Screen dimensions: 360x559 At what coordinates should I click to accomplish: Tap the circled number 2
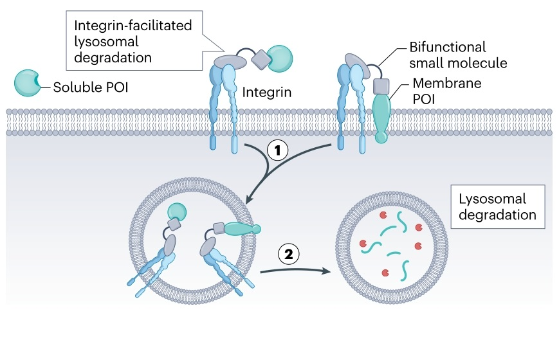click(289, 254)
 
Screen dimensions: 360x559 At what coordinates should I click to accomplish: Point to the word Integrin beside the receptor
click(267, 92)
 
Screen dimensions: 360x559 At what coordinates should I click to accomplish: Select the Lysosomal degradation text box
click(493, 206)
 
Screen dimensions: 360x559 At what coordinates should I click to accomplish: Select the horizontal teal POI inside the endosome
click(241, 228)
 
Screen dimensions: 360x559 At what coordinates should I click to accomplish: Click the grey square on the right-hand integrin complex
click(381, 85)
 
